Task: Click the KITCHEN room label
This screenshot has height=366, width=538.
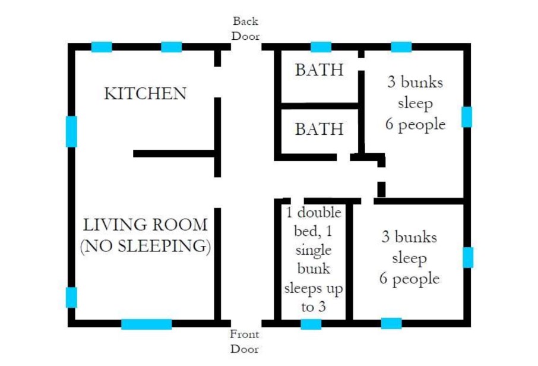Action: coord(145,94)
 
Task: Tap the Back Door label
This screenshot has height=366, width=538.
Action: coord(245,29)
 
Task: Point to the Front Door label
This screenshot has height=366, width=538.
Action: coord(244,341)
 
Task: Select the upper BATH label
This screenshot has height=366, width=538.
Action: coord(319,70)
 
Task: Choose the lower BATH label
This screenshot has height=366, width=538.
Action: coord(319,129)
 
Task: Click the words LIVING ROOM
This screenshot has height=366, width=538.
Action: coord(145,225)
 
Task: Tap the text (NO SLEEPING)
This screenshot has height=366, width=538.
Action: coord(145,246)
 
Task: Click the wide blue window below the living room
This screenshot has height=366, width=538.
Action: coord(147,324)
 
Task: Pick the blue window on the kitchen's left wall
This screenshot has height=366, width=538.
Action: coord(71,131)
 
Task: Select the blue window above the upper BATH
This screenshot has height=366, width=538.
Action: coord(321,47)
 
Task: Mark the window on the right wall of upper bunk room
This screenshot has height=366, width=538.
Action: coord(467,116)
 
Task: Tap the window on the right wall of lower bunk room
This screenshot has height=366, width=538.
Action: coord(468,257)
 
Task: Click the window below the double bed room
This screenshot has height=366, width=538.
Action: coord(311,324)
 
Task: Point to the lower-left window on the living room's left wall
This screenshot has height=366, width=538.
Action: coord(71,297)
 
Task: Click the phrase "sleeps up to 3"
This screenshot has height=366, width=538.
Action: coord(314,297)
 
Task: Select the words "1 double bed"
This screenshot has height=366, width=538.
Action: coord(314,222)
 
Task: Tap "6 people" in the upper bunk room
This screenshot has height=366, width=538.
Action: coord(415,124)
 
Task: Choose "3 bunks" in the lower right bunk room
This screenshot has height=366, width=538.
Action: coord(409,237)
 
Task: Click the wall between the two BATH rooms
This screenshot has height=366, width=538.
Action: coord(320,106)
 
